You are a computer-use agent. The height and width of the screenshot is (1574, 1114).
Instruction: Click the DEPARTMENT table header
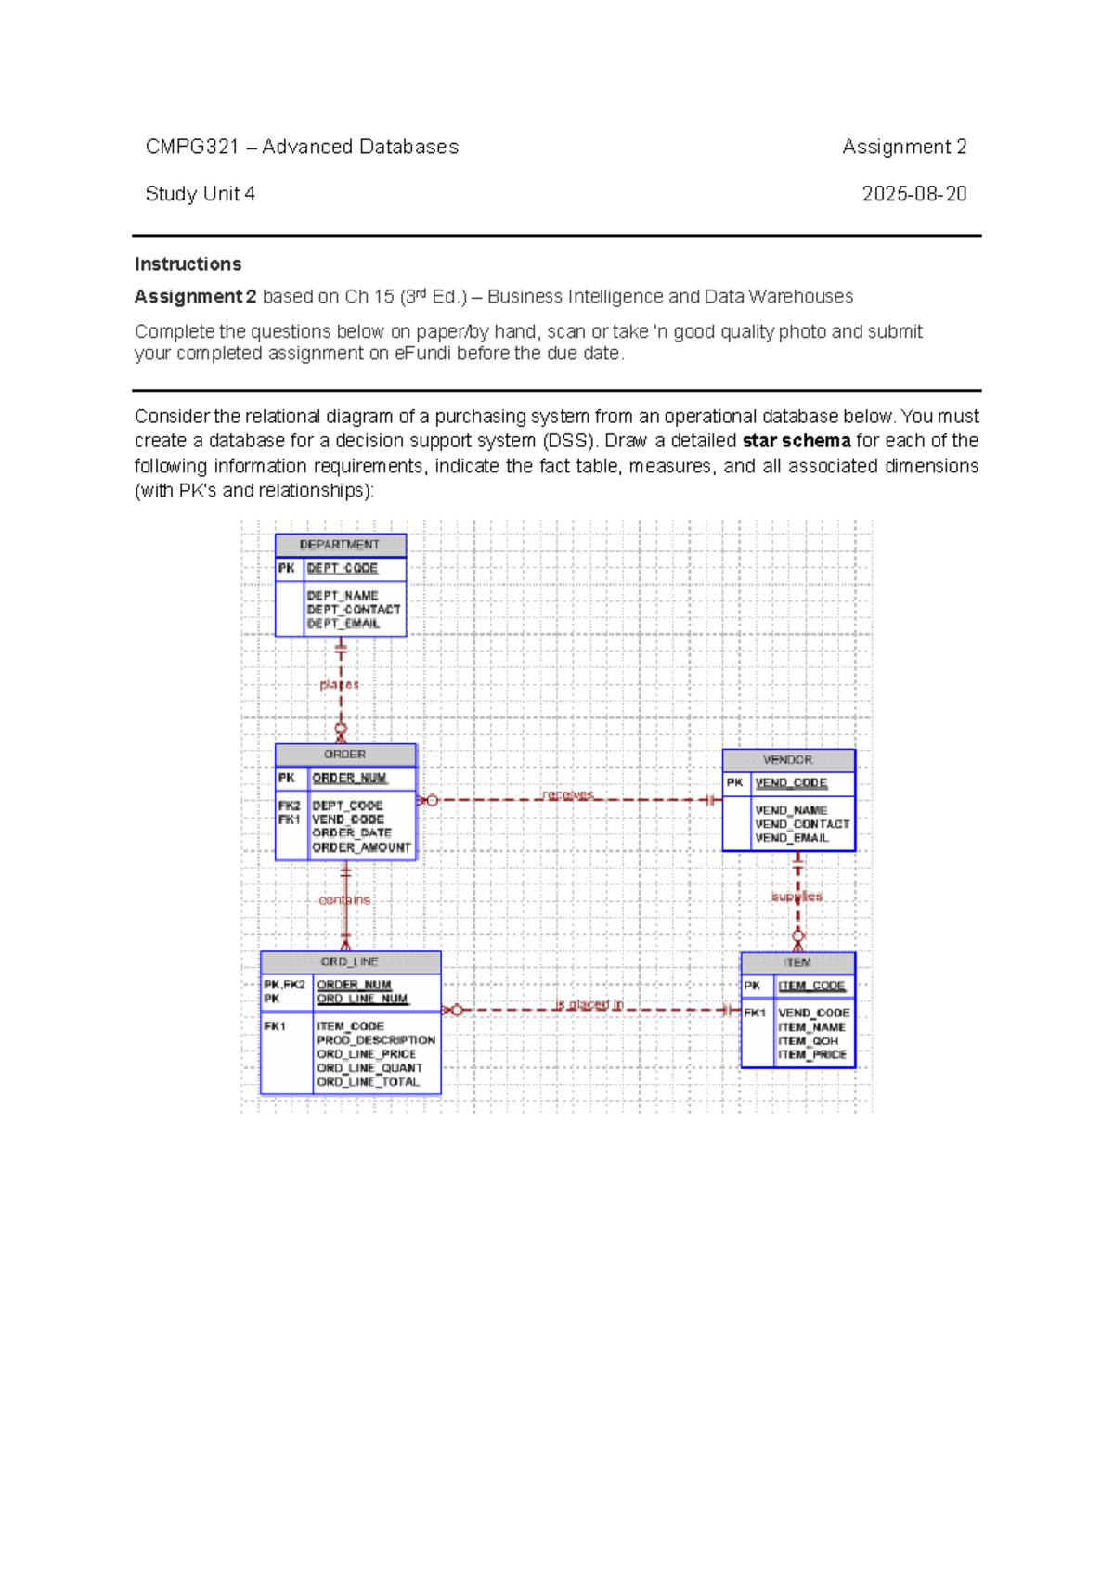point(340,545)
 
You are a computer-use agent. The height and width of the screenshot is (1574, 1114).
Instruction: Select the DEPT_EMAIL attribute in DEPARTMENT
point(343,624)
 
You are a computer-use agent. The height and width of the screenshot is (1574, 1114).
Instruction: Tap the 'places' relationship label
point(339,685)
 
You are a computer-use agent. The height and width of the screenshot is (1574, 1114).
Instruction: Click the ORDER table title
point(344,755)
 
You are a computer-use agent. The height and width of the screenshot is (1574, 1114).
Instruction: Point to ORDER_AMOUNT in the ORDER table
point(361,847)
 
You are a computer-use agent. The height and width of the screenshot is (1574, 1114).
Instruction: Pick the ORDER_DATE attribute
point(352,833)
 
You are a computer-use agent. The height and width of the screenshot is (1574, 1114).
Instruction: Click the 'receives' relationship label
point(567,795)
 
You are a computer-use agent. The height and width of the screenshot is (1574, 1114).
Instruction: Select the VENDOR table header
point(788,760)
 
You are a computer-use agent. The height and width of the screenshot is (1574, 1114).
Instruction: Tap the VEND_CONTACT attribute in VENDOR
point(802,824)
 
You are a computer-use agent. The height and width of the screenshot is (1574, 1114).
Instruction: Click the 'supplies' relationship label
point(797,897)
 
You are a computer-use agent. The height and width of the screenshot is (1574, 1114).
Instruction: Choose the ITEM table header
point(797,962)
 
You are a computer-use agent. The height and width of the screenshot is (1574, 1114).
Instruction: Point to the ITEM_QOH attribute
point(808,1041)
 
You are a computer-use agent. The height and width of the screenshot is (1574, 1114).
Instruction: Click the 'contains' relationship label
point(344,900)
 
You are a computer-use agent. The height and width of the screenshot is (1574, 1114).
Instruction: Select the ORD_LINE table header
point(349,962)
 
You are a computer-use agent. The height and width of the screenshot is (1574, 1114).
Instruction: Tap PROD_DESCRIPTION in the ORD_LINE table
point(376,1040)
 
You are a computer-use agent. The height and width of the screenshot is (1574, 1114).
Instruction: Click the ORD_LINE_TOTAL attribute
point(369,1082)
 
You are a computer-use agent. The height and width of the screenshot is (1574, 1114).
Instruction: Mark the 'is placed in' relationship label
point(589,1004)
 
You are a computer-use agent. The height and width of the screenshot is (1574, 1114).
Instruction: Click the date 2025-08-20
point(913,194)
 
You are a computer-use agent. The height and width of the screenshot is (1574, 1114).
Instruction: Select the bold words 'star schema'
point(797,441)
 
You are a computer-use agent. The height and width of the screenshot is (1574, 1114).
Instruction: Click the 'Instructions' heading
point(188,264)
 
